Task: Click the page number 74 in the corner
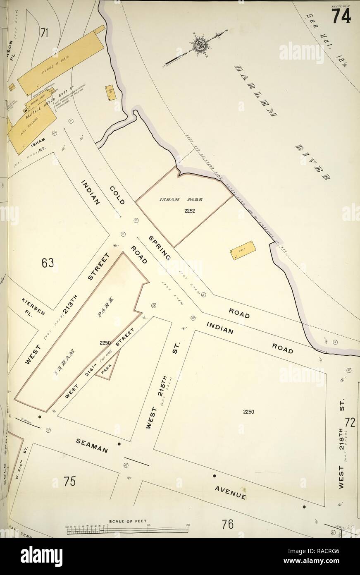[x=341, y=16]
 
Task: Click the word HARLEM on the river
[x=255, y=90]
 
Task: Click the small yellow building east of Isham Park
[x=243, y=250]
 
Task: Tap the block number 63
[x=48, y=263]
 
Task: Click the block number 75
[x=69, y=482]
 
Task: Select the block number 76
[x=228, y=525]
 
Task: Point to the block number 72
[x=350, y=423]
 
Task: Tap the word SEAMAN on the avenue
[x=92, y=445]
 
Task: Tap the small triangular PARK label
[x=107, y=371]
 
